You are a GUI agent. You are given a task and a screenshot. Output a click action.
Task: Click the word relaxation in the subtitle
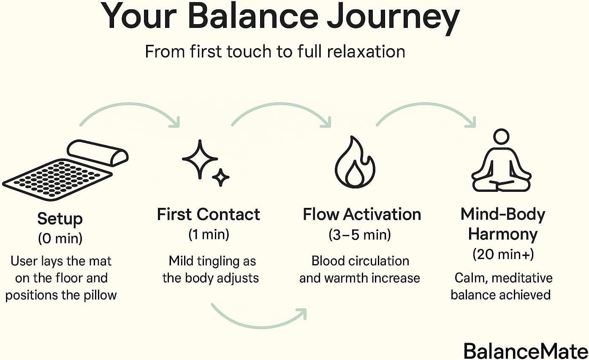coord(366,52)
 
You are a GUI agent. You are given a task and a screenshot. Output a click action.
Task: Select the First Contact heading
coord(209,214)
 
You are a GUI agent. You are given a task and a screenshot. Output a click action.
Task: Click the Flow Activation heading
coord(362,214)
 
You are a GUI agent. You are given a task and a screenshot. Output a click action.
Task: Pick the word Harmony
coord(503,234)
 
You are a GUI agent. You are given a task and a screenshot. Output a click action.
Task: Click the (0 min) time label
coord(60,239)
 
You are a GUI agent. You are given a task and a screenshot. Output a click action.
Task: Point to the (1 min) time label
coord(209,234)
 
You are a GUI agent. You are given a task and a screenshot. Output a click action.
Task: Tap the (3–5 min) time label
coord(360,235)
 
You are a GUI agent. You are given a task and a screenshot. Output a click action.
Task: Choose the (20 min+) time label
coord(503,254)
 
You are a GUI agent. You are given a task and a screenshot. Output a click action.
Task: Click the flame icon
coord(355,162)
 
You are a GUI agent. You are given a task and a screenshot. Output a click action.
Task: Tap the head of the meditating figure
coord(501,136)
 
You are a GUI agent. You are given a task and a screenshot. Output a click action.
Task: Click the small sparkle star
coord(221,177)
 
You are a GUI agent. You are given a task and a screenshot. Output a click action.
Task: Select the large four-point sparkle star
coord(200,159)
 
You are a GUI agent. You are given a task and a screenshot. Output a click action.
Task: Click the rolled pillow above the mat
coord(98,153)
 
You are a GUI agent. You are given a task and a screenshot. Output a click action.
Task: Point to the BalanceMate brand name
coord(526,351)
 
